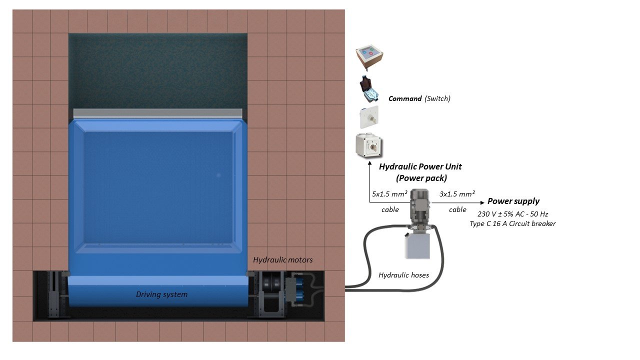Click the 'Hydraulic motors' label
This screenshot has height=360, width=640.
click(283, 260)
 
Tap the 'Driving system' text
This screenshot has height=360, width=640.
click(161, 294)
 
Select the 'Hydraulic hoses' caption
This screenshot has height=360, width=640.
click(403, 275)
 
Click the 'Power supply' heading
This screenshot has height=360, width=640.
click(513, 201)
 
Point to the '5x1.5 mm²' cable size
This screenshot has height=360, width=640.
click(389, 194)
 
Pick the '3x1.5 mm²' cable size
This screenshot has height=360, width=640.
click(457, 194)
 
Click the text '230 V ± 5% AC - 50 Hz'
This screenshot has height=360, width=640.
click(513, 214)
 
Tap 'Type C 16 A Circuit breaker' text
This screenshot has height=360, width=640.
click(512, 223)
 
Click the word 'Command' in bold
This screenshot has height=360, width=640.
click(405, 99)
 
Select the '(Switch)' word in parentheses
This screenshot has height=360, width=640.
click(437, 99)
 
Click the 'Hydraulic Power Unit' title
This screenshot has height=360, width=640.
click(420, 167)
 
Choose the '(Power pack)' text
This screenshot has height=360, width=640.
click(421, 178)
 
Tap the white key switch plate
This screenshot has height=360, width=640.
click(369, 117)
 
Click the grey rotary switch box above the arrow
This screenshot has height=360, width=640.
click(369, 145)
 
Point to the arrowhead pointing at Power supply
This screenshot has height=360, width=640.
click(482, 202)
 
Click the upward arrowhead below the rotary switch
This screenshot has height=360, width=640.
click(369, 163)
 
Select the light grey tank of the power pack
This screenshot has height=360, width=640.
click(417, 246)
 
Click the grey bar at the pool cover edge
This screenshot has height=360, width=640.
click(157, 113)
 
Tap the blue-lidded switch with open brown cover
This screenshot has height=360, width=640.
click(369, 89)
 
